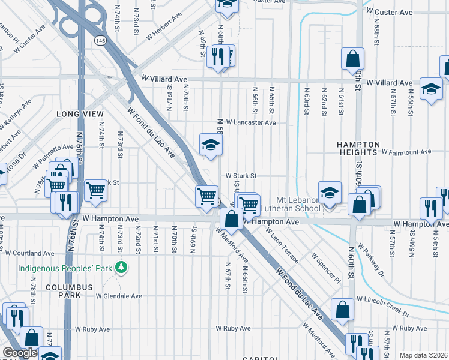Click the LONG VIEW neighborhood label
77,113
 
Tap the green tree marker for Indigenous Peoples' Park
122,266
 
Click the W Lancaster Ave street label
250,122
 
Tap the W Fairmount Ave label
406,152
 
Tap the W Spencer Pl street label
326,268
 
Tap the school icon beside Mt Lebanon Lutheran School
330,193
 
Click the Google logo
20,353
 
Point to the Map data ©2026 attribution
423,355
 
